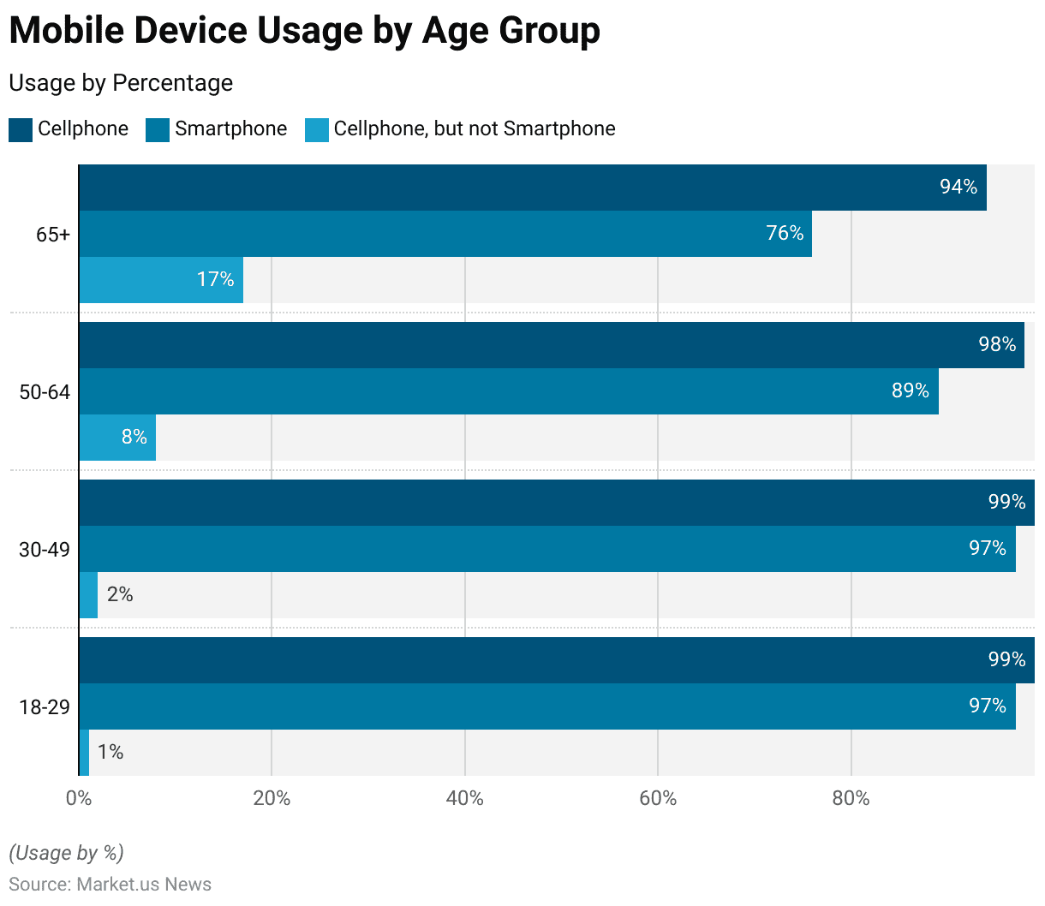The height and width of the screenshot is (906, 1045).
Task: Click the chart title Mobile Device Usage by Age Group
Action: point(304,31)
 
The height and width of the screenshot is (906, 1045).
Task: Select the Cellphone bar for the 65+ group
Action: point(532,188)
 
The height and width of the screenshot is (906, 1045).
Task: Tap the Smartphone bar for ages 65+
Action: point(445,234)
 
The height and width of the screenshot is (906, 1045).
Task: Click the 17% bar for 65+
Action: point(161,280)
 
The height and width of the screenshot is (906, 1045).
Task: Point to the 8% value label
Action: point(134,437)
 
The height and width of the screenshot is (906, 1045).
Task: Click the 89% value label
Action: point(910,390)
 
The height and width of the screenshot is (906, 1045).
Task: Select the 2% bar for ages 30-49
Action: point(88,595)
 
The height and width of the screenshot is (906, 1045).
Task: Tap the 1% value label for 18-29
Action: point(110,752)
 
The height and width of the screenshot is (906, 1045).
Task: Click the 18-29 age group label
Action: point(45,707)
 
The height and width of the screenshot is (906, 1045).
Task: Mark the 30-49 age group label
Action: point(45,550)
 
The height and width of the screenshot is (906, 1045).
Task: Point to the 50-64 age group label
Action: point(45,392)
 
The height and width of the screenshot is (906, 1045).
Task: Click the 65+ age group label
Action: point(53,235)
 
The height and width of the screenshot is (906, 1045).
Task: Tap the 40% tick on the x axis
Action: point(465,798)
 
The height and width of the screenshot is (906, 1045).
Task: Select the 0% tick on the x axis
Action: point(79,798)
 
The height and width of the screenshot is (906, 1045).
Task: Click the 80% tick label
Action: point(851,798)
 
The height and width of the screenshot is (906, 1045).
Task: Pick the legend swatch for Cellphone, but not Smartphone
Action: point(317,130)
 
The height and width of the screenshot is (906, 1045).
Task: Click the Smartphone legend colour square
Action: point(158,130)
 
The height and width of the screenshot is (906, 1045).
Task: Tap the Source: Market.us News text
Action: point(110,884)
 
